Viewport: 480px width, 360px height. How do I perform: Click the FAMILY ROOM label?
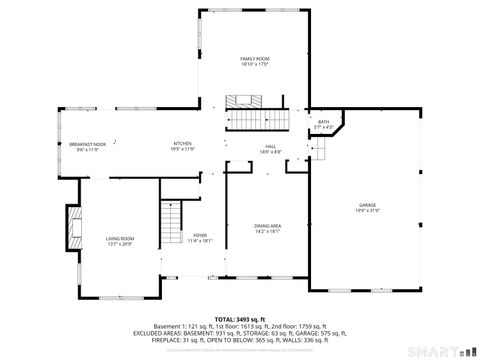click(x=254, y=59)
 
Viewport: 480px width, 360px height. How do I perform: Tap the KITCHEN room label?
click(x=183, y=144)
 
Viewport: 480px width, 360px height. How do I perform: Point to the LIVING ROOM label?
click(x=120, y=237)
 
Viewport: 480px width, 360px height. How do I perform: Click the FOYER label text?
click(x=200, y=235)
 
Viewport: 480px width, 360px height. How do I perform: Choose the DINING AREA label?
click(x=267, y=225)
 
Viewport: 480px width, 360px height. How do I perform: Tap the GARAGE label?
click(x=369, y=205)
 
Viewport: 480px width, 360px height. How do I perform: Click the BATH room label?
click(x=323, y=122)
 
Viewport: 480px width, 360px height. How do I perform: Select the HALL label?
click(x=270, y=146)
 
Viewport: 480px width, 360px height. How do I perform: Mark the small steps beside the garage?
click(x=320, y=149)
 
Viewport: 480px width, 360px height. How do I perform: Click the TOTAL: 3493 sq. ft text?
click(x=240, y=319)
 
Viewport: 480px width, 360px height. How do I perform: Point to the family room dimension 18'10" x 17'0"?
click(x=254, y=66)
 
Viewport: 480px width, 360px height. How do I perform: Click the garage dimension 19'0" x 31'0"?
click(x=369, y=211)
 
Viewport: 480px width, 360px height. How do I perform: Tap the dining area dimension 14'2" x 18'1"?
click(x=267, y=231)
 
